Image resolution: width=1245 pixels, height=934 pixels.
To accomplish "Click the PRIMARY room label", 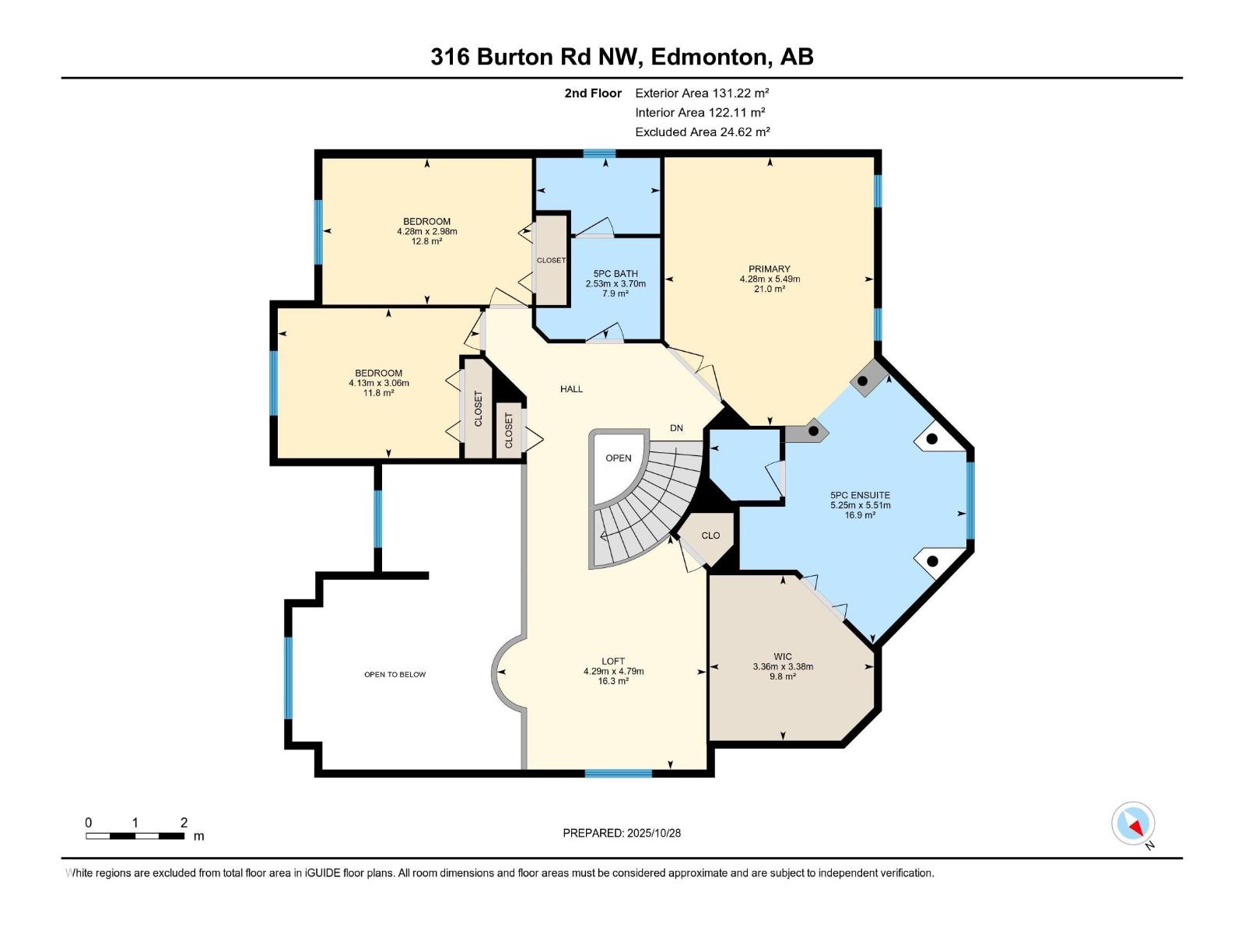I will pos(770,269).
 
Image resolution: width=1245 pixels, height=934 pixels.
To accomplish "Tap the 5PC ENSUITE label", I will pos(860,495).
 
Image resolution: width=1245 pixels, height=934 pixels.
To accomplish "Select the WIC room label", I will pos(783,657).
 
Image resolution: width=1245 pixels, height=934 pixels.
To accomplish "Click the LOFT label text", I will pos(613,662).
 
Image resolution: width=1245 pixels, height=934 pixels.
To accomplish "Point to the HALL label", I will pos(571,389).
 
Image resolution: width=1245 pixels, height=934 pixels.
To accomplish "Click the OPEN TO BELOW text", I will pos(395,675).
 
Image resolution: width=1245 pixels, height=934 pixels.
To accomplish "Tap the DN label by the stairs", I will pos(677,428).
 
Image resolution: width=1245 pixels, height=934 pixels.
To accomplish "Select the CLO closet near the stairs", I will pos(710,535).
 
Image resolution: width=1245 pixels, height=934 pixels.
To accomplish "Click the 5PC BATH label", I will pos(615,274).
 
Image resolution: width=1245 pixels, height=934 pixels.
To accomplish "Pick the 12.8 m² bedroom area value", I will pos(427,241).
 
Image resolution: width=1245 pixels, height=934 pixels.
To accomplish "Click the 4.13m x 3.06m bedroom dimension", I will pos(379,383).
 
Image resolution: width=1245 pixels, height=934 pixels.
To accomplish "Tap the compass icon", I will pos(1133,823).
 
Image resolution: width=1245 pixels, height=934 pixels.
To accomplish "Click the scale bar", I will pos(135,836).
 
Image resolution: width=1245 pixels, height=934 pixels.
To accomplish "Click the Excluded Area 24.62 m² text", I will pos(702,132).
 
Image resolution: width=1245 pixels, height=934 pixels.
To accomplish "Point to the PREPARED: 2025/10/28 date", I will pos(622,833).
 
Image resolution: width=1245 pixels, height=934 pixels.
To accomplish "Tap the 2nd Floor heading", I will pos(593,93).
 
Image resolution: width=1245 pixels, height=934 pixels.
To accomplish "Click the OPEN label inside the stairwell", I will pos(619,458).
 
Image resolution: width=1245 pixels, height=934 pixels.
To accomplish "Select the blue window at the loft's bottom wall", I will pos(619,773).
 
